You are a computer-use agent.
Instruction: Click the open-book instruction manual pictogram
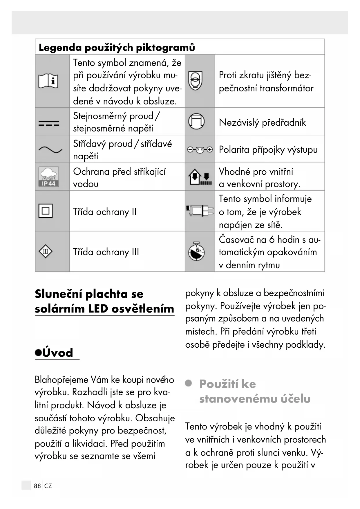coord(48,81)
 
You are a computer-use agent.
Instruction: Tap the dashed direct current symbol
coord(49,123)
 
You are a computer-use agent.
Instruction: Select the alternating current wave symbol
coord(50,150)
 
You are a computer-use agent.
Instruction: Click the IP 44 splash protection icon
coord(48,176)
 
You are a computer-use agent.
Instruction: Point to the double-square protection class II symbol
coord(46,211)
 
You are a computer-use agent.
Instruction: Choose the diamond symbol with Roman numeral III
coord(46,251)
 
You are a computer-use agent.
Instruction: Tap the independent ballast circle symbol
coord(196,121)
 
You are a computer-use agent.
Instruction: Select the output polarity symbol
coord(200,150)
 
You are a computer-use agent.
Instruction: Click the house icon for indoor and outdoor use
coord(200,177)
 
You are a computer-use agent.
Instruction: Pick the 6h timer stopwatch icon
coord(196,251)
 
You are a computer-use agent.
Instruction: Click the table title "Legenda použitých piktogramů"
coord(117,47)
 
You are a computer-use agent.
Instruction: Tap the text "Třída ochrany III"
coord(106,252)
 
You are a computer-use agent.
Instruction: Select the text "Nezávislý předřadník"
coord(262,122)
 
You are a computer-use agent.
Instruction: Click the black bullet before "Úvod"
coord(38,353)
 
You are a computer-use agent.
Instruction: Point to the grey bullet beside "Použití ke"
coord(189,383)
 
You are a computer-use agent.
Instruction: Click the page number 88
coord(37,486)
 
